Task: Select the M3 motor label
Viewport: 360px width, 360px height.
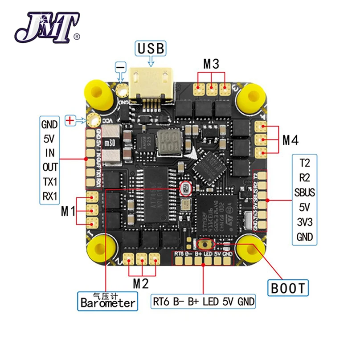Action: pyautogui.click(x=211, y=64)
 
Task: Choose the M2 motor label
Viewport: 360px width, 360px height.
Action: pyautogui.click(x=140, y=282)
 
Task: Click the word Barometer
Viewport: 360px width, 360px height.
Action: pyautogui.click(x=108, y=303)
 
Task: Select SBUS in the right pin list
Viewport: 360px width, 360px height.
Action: pyautogui.click(x=304, y=192)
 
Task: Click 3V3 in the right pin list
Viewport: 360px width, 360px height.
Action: pyautogui.click(x=304, y=222)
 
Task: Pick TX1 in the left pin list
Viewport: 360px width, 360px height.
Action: pyautogui.click(x=50, y=182)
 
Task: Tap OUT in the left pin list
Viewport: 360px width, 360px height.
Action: pyautogui.click(x=50, y=168)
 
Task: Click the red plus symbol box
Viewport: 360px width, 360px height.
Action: pyautogui.click(x=70, y=120)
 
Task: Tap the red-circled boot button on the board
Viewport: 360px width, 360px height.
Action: pyautogui.click(x=206, y=244)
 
